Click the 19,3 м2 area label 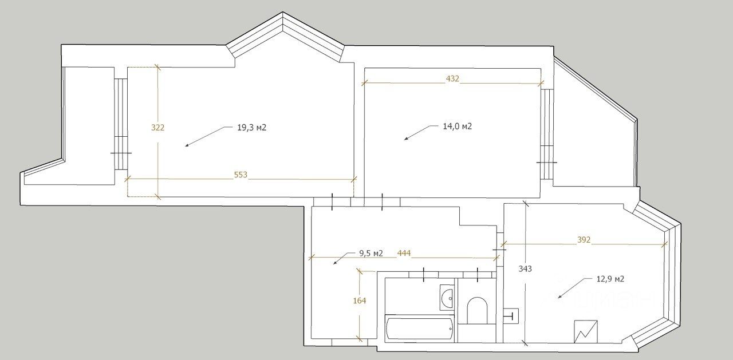tap(251, 128)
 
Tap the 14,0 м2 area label tap(457, 126)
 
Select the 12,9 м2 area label tap(610, 279)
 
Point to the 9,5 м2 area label tap(371, 254)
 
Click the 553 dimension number tap(241, 175)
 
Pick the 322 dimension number tap(157, 128)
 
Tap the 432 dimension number tap(452, 78)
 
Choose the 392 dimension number tap(584, 240)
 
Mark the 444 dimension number tap(404, 253)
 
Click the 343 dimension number tap(525, 269)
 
